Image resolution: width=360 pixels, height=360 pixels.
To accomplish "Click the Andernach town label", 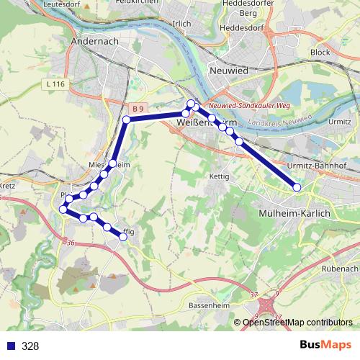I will pyautogui.click(x=94, y=42).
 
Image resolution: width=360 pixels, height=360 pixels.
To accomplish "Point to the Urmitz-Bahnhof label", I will pyautogui.click(x=317, y=165).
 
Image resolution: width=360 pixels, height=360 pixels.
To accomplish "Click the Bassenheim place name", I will pyautogui.click(x=208, y=306).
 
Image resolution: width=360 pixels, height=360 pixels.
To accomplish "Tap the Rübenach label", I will pyautogui.click(x=340, y=268).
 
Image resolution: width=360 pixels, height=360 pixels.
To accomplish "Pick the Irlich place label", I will pyautogui.click(x=182, y=22).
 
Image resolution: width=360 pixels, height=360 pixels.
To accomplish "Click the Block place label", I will pyautogui.click(x=320, y=53).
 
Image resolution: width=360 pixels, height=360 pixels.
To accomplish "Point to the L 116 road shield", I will pyautogui.click(x=54, y=84).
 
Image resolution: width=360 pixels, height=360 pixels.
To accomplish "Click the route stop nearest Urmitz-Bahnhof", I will pyautogui.click(x=297, y=188).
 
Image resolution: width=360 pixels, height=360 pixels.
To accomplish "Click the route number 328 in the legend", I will pyautogui.click(x=30, y=346).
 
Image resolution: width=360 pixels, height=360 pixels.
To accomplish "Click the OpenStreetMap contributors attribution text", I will pyautogui.click(x=297, y=323).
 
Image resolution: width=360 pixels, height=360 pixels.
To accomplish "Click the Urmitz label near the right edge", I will pyautogui.click(x=340, y=122).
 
